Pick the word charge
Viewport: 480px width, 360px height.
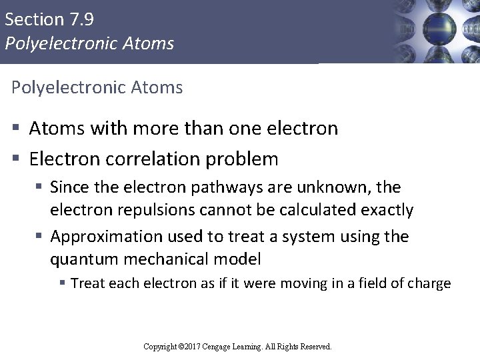click(430, 283)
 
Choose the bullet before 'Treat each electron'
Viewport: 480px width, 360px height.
click(63, 284)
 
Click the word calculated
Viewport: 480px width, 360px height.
click(319, 211)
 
